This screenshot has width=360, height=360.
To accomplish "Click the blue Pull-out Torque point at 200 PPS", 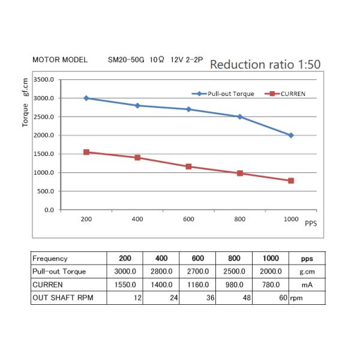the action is point(86,98).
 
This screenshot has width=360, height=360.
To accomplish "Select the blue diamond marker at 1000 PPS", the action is point(291,136).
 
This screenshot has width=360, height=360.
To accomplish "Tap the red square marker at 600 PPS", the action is point(188,166).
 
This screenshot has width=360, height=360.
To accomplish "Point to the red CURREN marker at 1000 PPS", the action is point(291,181).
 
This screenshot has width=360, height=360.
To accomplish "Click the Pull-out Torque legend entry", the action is point(223,94).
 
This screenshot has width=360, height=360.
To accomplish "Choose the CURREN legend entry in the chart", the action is point(285,94).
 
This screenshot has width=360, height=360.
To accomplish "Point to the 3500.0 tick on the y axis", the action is point(44,80).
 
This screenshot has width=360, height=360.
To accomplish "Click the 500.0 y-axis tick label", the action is point(46,191).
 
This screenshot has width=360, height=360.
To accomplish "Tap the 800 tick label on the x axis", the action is point(239,219).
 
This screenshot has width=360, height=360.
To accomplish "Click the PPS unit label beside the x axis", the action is point(311,223).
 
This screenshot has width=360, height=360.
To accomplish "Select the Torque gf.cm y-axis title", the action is point(25,103).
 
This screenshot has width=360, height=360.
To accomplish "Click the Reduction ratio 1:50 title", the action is point(265,64).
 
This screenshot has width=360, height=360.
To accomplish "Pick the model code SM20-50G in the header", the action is point(126,59).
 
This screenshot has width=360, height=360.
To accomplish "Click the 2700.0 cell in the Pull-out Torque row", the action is point(197,271).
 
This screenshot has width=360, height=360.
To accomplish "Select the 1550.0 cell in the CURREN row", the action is point(125,284).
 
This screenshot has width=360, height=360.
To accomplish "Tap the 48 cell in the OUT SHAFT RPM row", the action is point(247,298).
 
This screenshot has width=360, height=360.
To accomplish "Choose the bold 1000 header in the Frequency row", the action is point(271,258).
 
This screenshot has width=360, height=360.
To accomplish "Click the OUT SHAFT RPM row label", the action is point(63,298).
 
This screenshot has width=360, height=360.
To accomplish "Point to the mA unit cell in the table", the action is point(307,285).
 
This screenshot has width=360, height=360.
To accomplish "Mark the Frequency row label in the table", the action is point(50,259).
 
